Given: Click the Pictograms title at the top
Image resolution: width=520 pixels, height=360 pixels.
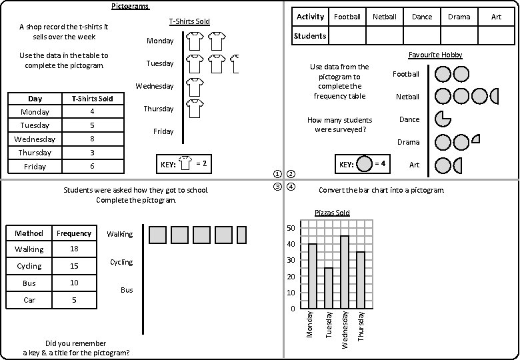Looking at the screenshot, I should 130,6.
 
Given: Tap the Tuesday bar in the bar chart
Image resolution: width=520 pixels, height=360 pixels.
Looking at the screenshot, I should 328,288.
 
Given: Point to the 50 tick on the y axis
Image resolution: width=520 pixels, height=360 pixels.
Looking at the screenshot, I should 290,228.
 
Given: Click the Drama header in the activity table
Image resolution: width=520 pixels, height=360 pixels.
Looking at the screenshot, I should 459,17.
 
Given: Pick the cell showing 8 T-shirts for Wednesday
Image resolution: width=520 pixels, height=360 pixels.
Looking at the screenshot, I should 92,139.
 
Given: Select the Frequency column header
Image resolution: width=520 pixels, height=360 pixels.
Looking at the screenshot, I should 74,233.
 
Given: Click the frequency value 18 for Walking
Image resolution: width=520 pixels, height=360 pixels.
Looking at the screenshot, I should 74,249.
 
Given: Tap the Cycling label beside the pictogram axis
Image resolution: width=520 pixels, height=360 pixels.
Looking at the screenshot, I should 121,262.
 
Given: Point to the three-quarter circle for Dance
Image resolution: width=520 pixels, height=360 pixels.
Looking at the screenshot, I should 443,119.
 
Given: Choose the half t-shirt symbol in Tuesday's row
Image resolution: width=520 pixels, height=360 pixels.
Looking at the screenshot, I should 234,64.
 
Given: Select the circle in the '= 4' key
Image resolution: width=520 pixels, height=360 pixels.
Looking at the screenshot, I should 364,164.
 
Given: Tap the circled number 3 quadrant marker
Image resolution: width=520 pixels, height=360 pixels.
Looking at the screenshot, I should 278,187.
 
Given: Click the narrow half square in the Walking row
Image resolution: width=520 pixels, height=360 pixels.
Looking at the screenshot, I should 241,235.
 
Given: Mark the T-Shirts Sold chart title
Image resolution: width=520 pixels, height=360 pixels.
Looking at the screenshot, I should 189,21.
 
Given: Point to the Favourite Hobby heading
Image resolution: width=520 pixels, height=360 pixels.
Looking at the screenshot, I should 435,55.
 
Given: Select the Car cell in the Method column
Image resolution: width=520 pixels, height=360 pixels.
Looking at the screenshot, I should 29,300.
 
